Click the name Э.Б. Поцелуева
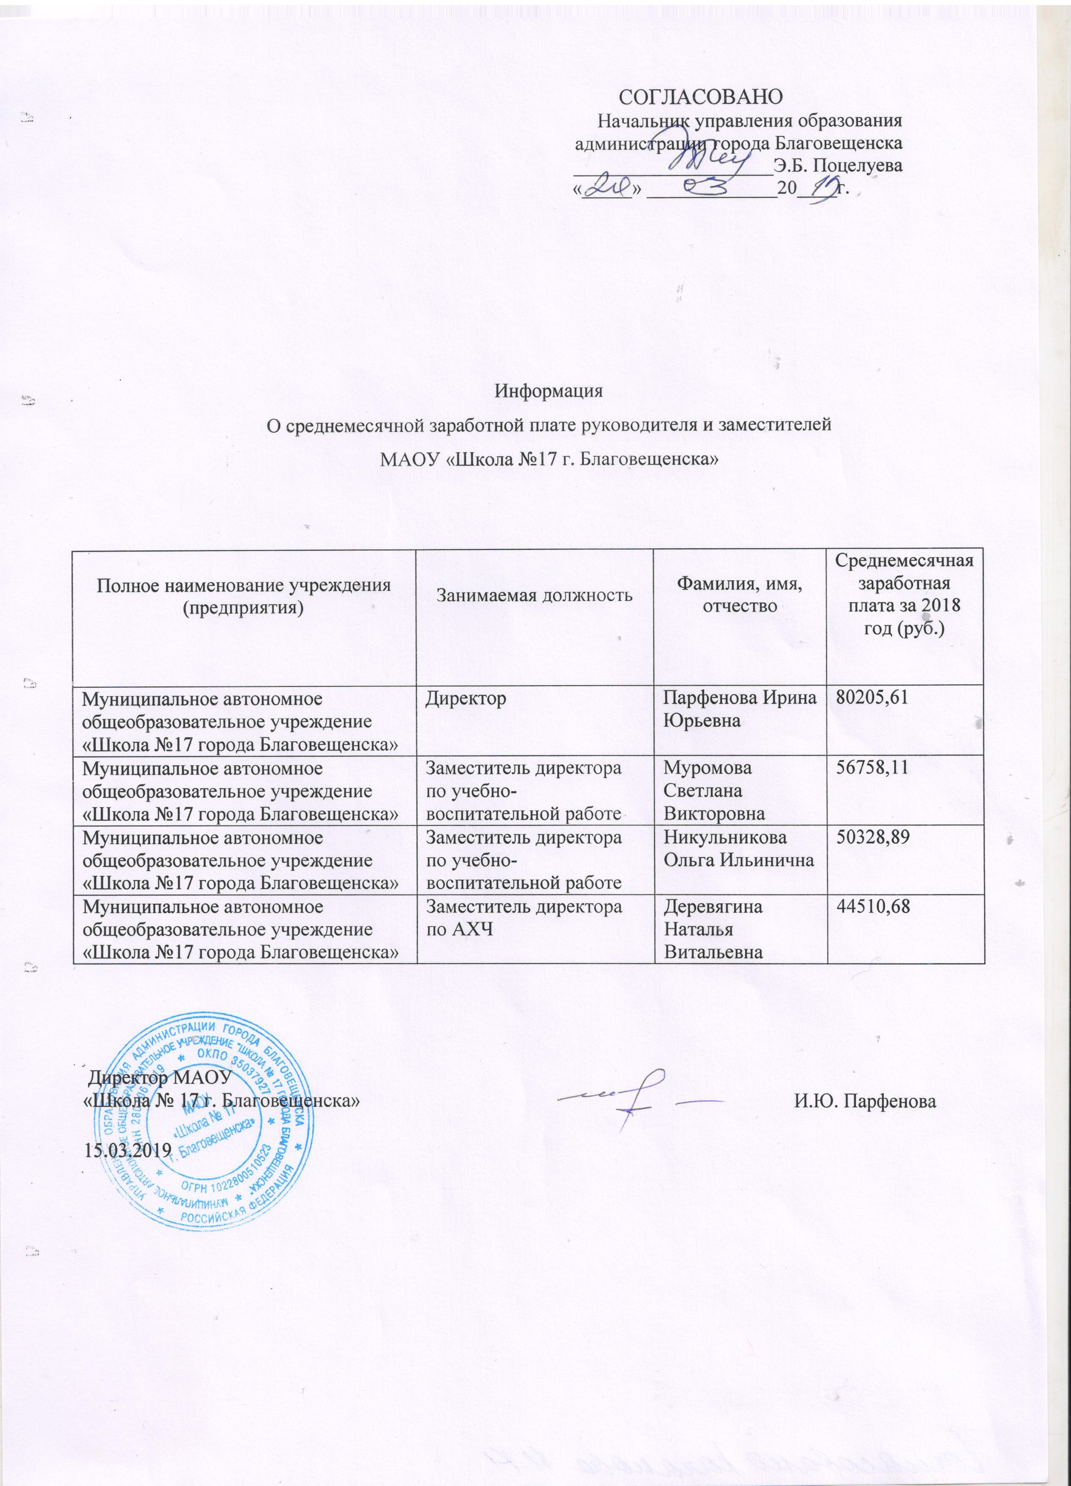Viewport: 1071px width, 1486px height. tap(838, 165)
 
